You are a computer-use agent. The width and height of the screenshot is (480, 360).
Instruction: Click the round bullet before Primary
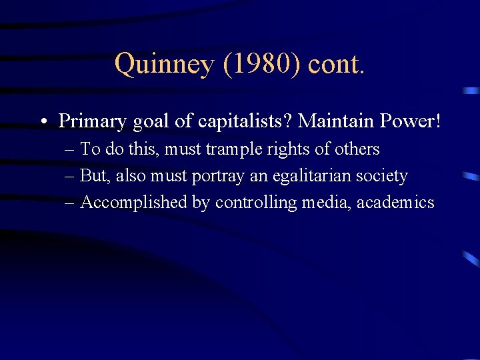coord(42,121)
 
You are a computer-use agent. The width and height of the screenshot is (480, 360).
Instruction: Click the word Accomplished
coord(134,203)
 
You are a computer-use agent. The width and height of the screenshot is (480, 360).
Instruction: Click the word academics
coord(395,203)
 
